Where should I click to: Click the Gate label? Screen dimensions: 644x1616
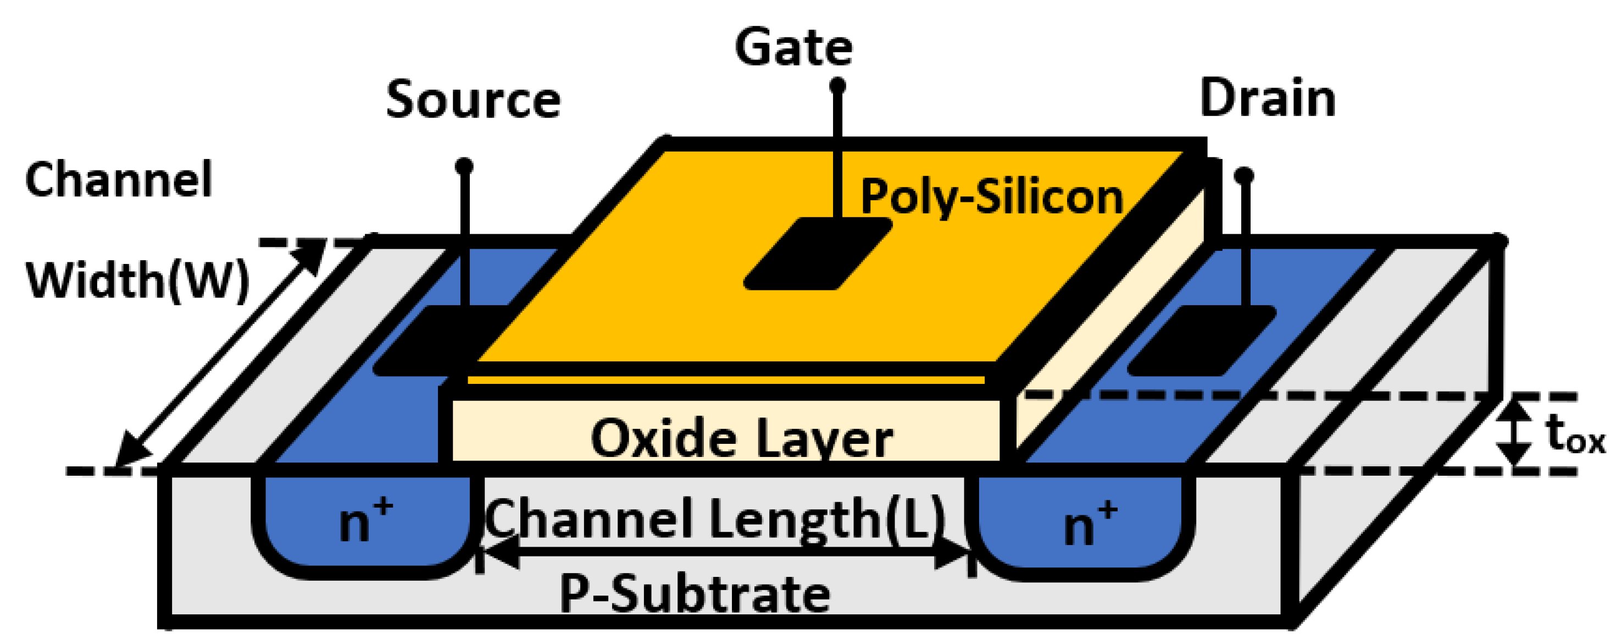click(793, 47)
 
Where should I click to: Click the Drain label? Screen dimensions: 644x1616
click(1267, 98)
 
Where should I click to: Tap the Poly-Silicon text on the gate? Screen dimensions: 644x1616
click(991, 197)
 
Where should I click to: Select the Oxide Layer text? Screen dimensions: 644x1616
click(741, 438)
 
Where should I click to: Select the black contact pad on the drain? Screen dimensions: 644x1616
click(1201, 341)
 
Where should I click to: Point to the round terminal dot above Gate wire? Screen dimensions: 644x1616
click(837, 85)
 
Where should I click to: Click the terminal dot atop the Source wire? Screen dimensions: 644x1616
click(464, 166)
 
